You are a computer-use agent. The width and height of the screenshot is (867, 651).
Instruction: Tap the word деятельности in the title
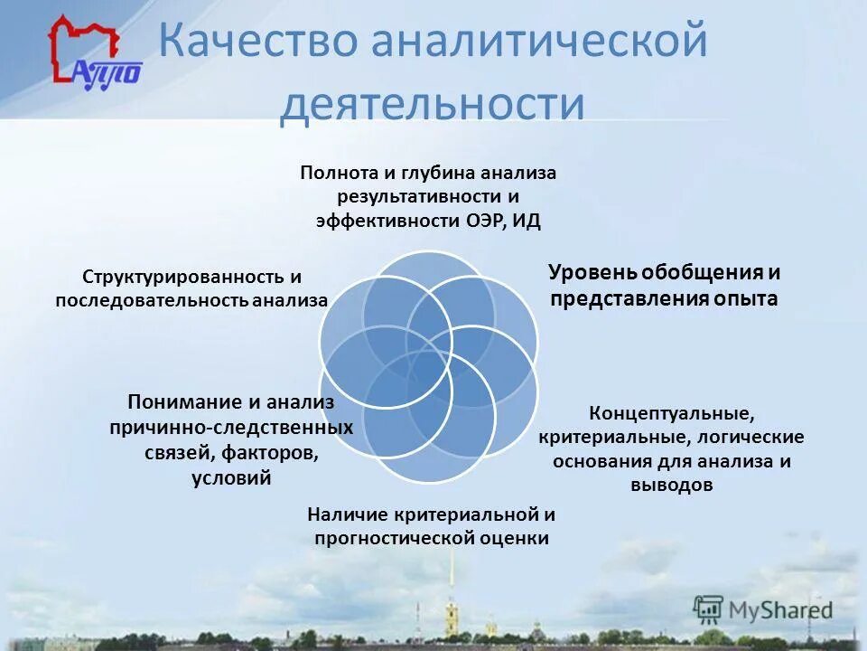pos(432,104)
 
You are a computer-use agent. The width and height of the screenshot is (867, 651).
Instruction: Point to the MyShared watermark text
pos(780,609)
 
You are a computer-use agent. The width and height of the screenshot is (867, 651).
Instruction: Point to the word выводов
pos(671,485)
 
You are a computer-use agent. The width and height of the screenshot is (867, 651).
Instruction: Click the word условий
pos(231,477)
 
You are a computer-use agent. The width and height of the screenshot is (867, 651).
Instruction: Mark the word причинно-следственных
pos(231,426)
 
